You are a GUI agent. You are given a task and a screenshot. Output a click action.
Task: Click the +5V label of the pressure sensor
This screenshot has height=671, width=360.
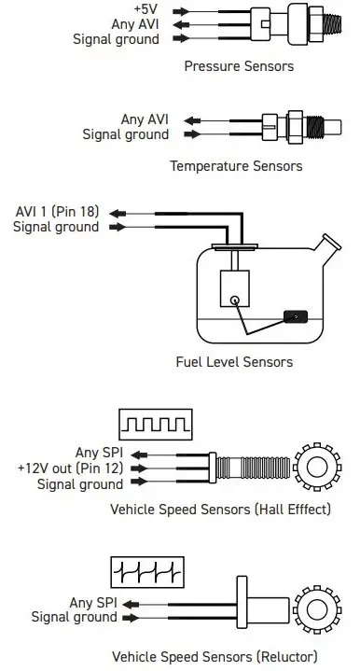[145, 8]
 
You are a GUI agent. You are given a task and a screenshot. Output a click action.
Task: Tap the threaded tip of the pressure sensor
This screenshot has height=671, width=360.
[332, 24]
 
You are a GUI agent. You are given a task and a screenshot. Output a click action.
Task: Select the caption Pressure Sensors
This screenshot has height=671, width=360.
[239, 66]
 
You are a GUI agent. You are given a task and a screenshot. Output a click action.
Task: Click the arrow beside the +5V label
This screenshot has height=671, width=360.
[181, 11]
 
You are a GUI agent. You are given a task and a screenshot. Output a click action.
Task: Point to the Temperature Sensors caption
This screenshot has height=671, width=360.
[236, 165]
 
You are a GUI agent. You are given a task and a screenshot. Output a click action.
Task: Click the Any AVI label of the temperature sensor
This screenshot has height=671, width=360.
[145, 119]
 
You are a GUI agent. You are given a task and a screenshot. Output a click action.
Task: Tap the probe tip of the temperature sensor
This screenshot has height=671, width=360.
[335, 127]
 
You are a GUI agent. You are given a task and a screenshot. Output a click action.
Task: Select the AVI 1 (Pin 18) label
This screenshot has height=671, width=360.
[57, 212]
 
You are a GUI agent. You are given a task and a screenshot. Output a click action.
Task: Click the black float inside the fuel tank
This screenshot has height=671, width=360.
[296, 316]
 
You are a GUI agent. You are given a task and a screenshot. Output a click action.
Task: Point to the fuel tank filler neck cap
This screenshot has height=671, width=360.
[332, 242]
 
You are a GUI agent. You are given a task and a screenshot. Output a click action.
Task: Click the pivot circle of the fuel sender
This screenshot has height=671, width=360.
[235, 301]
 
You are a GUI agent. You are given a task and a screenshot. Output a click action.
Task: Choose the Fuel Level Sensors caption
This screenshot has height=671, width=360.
[234, 362]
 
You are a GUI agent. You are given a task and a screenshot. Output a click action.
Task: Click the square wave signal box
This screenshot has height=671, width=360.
[156, 425]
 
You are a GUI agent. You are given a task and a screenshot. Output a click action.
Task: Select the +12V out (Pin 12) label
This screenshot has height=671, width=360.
[71, 468]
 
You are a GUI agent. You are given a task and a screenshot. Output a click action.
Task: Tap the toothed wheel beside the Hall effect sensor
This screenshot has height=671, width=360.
[317, 467]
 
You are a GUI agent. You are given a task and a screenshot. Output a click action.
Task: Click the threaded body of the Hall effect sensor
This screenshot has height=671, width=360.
[253, 468]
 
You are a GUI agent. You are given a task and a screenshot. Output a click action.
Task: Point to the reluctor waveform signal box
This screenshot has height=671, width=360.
[147, 572]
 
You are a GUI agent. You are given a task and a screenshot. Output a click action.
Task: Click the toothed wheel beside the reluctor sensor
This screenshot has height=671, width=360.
[317, 609]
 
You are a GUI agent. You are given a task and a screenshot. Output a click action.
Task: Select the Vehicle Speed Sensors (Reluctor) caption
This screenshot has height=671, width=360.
[215, 656]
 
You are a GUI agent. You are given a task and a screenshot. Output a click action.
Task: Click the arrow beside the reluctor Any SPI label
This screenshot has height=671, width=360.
[131, 604]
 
